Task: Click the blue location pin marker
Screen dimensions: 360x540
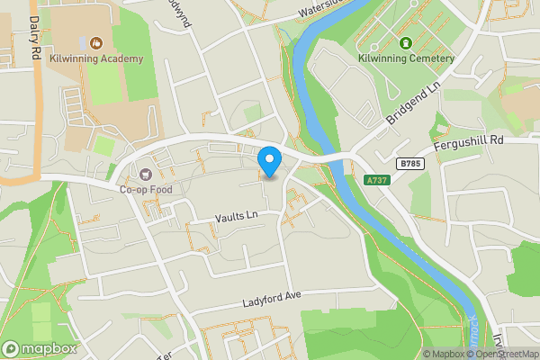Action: (x=269, y=161)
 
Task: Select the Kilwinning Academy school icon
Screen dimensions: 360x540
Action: (x=95, y=42)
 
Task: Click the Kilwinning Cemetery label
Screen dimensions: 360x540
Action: (x=406, y=58)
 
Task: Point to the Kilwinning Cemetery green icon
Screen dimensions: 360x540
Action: (x=406, y=42)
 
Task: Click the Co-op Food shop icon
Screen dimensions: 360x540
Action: (x=145, y=174)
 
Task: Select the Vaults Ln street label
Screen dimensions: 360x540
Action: (x=236, y=216)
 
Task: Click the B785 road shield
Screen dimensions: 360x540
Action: (x=409, y=164)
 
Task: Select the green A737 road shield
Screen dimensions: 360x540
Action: (x=377, y=181)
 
